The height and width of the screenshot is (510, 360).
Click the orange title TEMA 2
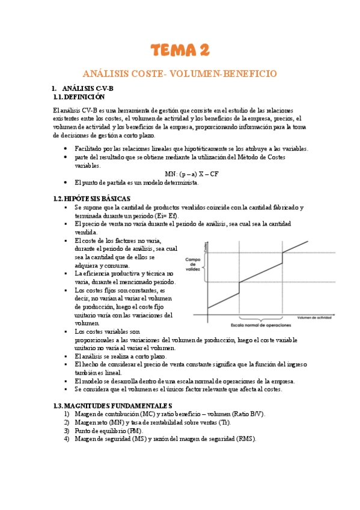click(x=180, y=50)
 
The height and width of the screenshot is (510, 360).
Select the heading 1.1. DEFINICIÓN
click(x=79, y=97)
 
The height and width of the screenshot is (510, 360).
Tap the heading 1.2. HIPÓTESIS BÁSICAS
click(x=91, y=199)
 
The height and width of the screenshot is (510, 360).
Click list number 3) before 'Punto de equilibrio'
click(x=67, y=431)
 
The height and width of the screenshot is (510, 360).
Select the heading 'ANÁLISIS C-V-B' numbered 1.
click(x=87, y=88)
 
